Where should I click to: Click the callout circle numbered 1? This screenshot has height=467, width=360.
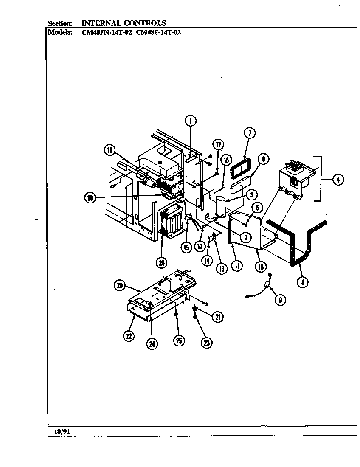click(x=191, y=121)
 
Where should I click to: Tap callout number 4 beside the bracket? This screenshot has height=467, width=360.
click(x=337, y=180)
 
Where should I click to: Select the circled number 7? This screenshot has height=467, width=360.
click(x=250, y=133)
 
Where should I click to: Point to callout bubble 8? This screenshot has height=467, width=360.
click(x=302, y=281)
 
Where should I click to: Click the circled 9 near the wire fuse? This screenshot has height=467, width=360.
click(x=279, y=300)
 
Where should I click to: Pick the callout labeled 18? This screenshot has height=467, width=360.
click(x=110, y=150)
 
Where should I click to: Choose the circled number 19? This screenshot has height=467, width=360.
click(x=90, y=197)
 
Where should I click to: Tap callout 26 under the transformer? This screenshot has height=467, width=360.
click(x=162, y=263)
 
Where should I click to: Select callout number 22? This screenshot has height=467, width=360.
click(x=129, y=336)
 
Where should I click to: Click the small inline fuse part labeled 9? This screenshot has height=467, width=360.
click(x=267, y=287)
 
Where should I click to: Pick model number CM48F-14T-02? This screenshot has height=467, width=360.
click(x=158, y=32)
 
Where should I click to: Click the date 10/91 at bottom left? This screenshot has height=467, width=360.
click(x=62, y=431)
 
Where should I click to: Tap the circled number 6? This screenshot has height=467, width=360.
click(x=263, y=159)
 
